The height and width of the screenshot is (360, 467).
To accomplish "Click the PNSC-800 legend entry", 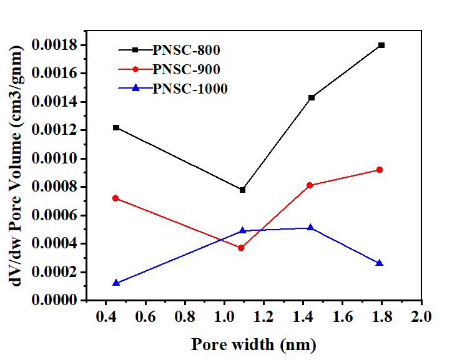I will pyautogui.click(x=186, y=50).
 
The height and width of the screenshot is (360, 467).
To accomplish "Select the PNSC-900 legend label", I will pyautogui.click(x=186, y=69).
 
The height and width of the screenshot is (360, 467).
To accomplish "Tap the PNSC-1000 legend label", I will pyautogui.click(x=190, y=88).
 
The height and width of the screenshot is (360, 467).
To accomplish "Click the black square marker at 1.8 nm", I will pyautogui.click(x=381, y=45).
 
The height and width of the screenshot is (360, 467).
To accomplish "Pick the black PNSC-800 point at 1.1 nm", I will pyautogui.click(x=242, y=190).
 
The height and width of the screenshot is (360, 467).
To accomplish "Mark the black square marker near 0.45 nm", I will pyautogui.click(x=116, y=127).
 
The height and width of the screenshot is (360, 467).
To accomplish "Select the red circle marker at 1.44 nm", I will pyautogui.click(x=311, y=185).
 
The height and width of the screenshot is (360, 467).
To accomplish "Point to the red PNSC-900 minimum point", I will pyautogui.click(x=241, y=248).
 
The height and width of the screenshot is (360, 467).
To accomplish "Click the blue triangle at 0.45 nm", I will pyautogui.click(x=116, y=283).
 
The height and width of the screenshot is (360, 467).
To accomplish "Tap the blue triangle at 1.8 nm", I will pyautogui.click(x=380, y=263).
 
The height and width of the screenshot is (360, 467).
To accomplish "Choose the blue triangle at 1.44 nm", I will pyautogui.click(x=311, y=228).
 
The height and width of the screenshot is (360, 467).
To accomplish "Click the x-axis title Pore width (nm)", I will pyautogui.click(x=253, y=344).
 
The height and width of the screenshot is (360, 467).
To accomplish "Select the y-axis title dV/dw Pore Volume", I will pyautogui.click(x=20, y=168).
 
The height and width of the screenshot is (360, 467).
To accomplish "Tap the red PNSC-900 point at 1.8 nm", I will pyautogui.click(x=379, y=170).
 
